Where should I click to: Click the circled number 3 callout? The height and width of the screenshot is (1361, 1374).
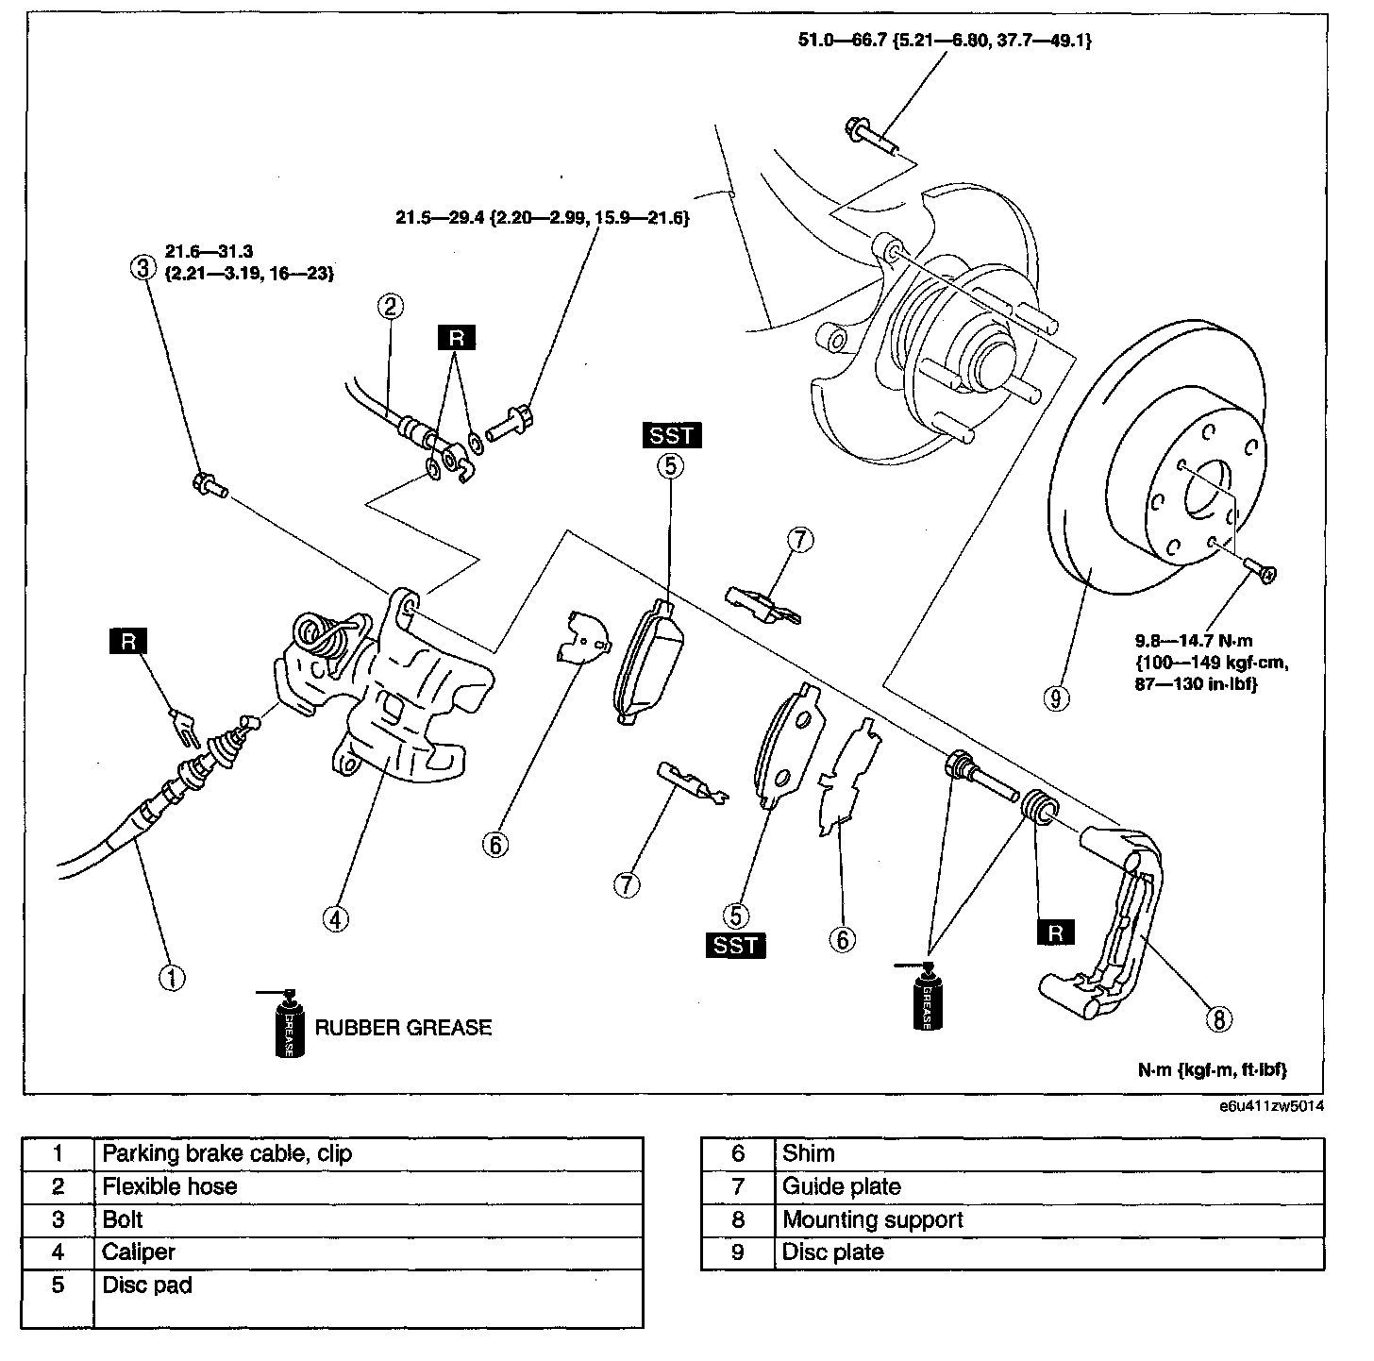pyautogui.click(x=142, y=267)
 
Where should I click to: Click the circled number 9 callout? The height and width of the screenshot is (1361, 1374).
pyautogui.click(x=1056, y=697)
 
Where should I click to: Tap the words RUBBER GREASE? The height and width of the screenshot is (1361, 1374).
pyautogui.click(x=403, y=1027)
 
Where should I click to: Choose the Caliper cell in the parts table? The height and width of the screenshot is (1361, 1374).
pyautogui.click(x=368, y=1252)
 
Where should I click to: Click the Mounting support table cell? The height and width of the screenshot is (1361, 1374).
pyautogui.click(x=1047, y=1219)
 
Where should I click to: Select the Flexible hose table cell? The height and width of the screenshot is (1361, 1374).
pyautogui.click(x=368, y=1186)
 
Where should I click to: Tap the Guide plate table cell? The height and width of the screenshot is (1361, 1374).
pyautogui.click(x=1047, y=1186)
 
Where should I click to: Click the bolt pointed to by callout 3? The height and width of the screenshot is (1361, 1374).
pyautogui.click(x=210, y=485)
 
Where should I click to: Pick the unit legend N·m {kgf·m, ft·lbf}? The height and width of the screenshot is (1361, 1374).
pyautogui.click(x=1212, y=1069)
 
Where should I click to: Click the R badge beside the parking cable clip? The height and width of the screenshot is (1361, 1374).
pyautogui.click(x=128, y=642)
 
